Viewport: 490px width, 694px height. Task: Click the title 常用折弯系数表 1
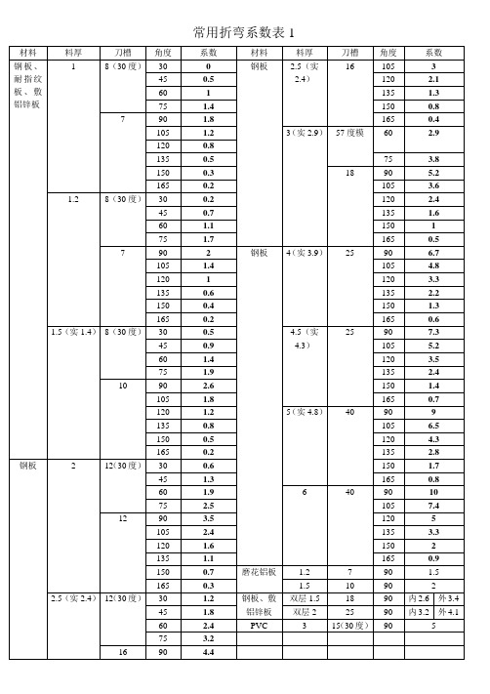pos(244,32)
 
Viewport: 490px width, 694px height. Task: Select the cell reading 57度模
pos(349,130)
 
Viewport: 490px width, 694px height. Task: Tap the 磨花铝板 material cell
pos(260,570)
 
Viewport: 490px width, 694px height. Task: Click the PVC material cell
pos(259,624)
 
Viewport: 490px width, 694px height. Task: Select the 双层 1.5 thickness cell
pos(304,597)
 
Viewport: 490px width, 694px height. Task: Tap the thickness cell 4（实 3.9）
pos(304,252)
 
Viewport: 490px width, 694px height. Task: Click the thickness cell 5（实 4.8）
pos(304,412)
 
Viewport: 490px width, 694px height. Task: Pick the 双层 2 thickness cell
pos(304,611)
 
